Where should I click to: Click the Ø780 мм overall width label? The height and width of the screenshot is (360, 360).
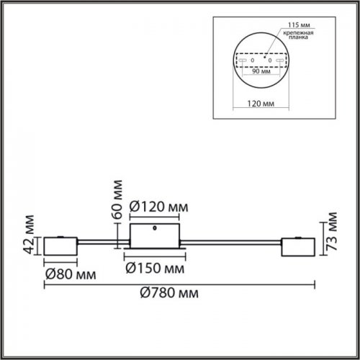tap(169, 293)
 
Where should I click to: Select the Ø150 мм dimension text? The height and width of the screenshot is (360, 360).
tap(154, 269)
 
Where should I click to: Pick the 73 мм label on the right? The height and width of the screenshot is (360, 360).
tap(332, 231)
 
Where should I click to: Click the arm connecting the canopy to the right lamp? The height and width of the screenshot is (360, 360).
tap(230, 243)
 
